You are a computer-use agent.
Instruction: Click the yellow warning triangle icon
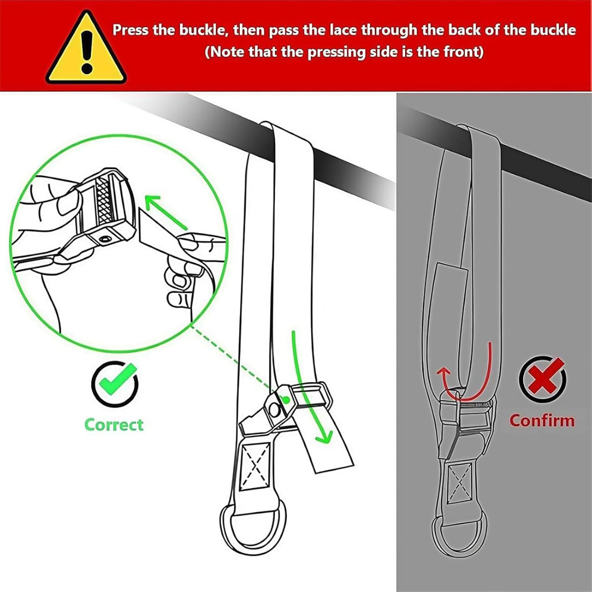tap(86, 49)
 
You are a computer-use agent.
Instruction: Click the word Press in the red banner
tap(131, 30)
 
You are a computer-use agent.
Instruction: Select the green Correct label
tap(114, 425)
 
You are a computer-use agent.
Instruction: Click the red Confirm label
tap(541, 420)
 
